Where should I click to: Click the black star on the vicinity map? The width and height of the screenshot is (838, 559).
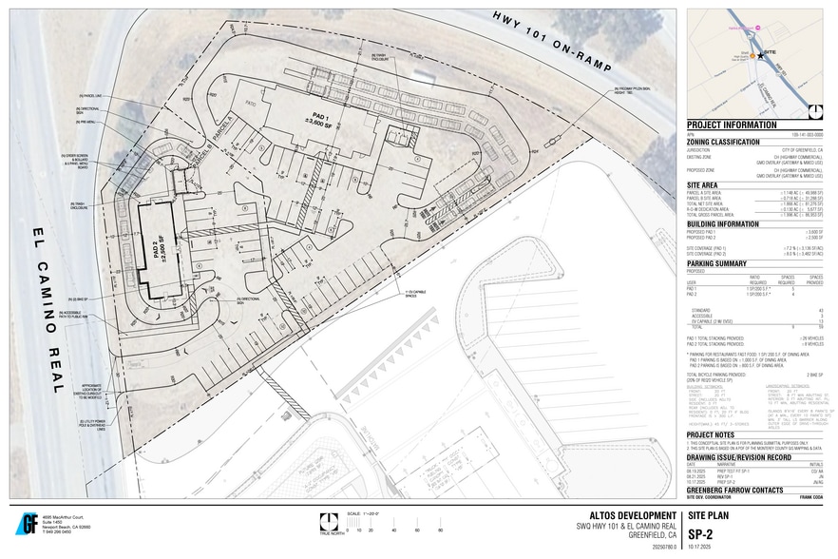coord(760,55)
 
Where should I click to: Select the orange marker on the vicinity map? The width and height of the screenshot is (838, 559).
coord(752,56)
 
